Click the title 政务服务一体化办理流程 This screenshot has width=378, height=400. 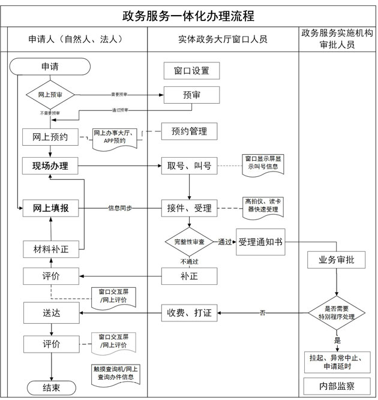coord(188,14)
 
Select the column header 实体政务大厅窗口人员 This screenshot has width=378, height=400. coord(223,40)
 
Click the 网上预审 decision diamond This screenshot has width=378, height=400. coord(50,95)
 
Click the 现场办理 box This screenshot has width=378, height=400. coord(50,166)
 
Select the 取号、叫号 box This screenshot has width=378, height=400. coord(190,166)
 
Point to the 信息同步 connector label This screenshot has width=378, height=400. coord(120,208)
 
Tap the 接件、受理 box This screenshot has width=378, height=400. coord(190,208)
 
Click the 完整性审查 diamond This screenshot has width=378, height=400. coord(190,242)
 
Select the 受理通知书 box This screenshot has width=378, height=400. coord(260,242)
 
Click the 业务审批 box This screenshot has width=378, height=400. coord(336,260)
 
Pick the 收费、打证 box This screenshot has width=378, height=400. coord(190,312)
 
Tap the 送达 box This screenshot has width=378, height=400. coord(50,312)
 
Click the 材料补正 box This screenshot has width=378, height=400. coord(50,249)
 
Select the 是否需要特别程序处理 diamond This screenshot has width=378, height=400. coord(336,312)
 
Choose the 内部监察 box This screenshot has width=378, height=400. coord(336,385)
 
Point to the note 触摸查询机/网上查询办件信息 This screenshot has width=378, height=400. coord(115,373)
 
